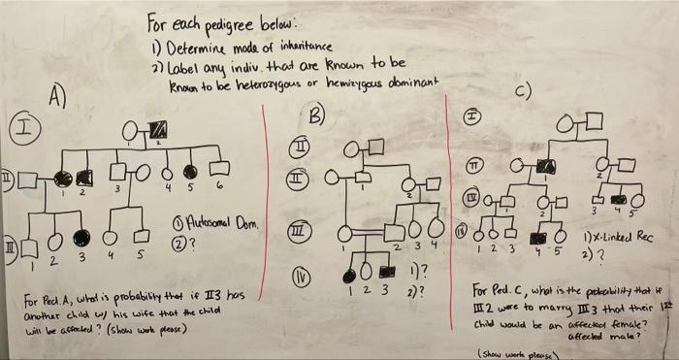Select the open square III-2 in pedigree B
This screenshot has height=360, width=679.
[x=395, y=232]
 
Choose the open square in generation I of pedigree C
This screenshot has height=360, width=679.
[x=595, y=121]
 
